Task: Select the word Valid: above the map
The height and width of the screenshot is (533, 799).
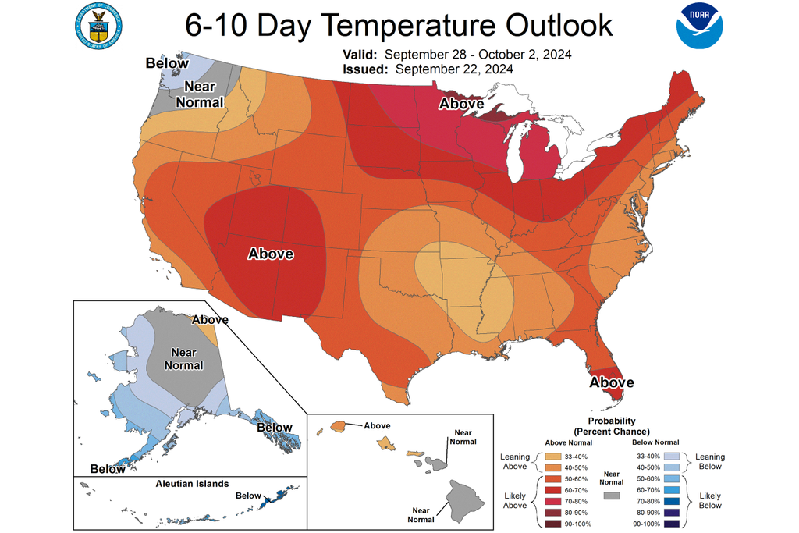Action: point(360,55)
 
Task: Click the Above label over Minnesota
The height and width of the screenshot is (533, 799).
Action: point(461,103)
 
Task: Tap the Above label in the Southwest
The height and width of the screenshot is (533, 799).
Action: point(270,254)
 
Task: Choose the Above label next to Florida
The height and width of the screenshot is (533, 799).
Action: point(612,382)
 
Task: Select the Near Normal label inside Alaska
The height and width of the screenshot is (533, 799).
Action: point(183,359)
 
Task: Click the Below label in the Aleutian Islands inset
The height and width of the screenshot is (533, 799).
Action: point(248,496)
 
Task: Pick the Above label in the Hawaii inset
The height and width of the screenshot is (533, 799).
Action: point(376,425)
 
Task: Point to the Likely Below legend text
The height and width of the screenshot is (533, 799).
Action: point(710,499)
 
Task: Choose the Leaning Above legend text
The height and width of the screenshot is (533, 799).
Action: point(515,461)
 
